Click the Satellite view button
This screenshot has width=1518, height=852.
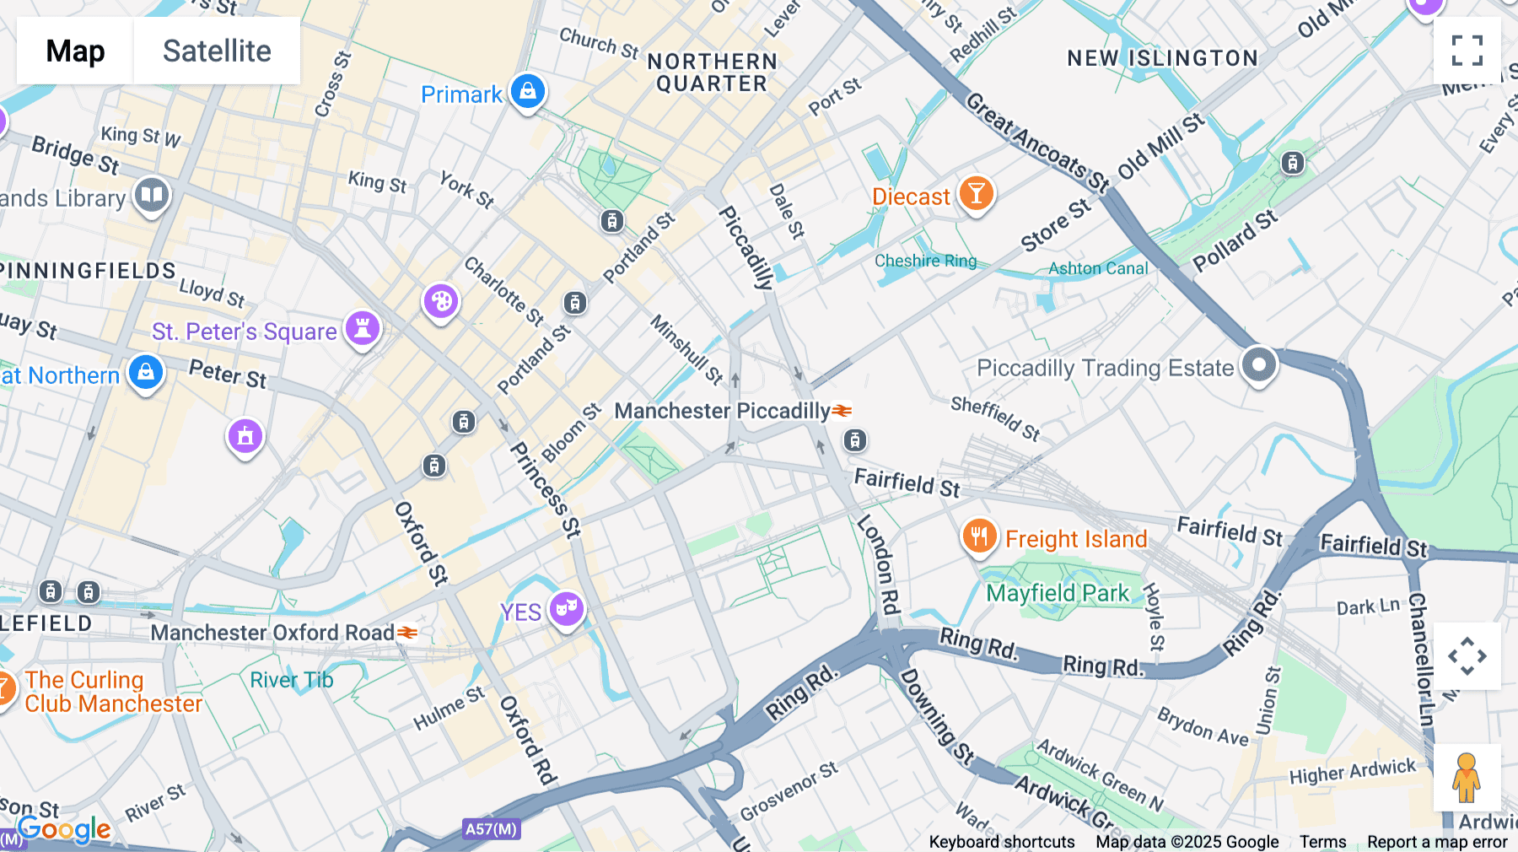point(217,51)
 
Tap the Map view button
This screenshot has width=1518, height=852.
point(75,51)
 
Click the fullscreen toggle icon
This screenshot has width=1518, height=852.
point(1467,51)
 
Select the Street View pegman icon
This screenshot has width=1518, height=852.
point(1466,778)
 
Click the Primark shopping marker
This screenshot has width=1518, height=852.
point(528,91)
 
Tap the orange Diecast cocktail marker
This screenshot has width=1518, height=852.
point(976,194)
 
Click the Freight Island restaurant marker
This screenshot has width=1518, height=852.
point(979,536)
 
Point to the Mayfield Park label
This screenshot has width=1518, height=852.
point(1058,593)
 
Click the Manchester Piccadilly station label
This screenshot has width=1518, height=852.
point(722,411)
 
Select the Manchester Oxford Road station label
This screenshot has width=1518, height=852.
point(272,633)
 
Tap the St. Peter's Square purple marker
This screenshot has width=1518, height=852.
point(363,328)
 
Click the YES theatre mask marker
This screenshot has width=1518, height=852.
point(566,608)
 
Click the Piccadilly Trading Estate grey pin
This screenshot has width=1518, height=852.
point(1258,365)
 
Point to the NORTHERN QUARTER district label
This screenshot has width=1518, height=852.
point(712,73)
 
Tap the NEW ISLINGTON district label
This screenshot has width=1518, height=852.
point(1162,58)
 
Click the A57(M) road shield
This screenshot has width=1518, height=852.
point(491,829)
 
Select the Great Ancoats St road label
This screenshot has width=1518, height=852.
point(1036,143)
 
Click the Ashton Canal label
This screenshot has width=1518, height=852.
point(1098,269)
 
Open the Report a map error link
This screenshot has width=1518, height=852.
point(1437,842)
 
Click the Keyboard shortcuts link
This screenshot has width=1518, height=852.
point(1001,842)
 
